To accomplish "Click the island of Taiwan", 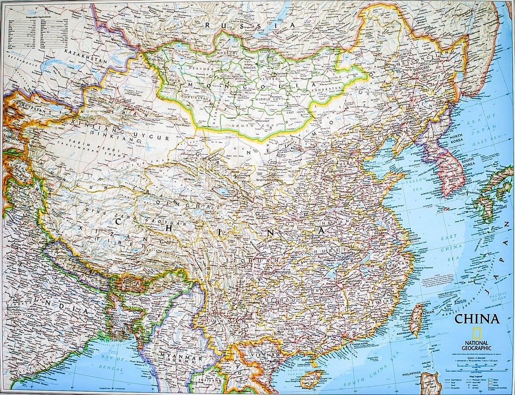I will pos(416,319).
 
